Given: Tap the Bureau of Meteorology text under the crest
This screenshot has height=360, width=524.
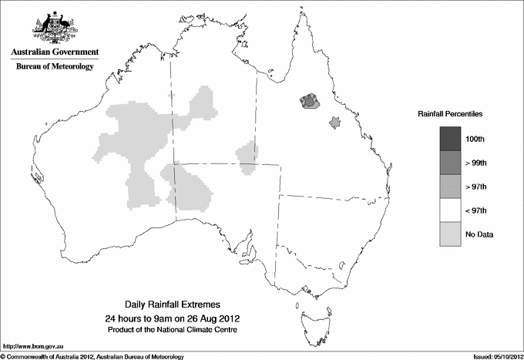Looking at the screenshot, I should click(x=55, y=67).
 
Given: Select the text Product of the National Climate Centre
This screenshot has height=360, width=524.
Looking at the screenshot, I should click(x=172, y=330).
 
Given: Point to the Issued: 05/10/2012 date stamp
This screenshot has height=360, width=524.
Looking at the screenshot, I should click(x=494, y=355).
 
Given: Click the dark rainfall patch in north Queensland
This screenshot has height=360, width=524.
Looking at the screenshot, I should click(x=310, y=101).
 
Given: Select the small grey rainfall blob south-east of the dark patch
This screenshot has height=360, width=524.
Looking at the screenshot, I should click(x=334, y=122).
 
